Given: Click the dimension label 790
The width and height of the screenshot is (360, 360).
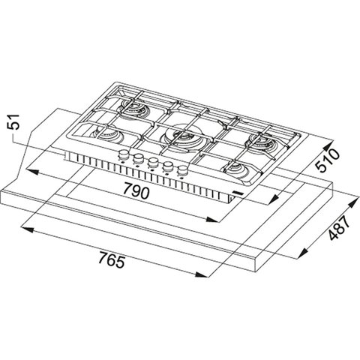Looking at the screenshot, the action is coord(136,191).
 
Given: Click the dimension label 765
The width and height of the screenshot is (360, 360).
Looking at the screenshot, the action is coord(111,260).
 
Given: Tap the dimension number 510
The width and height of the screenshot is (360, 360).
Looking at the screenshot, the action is coord(328,160).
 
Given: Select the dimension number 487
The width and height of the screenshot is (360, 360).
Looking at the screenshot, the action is coord(338,227).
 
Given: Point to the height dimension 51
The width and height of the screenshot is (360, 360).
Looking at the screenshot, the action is coord(13,121).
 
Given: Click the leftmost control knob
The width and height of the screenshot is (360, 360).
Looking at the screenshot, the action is coord(123,155).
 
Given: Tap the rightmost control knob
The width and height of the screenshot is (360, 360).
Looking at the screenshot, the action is coord(183,170).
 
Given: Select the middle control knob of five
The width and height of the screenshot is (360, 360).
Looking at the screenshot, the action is coord(152,163).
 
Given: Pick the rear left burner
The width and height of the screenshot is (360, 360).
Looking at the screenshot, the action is coord(133,107).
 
